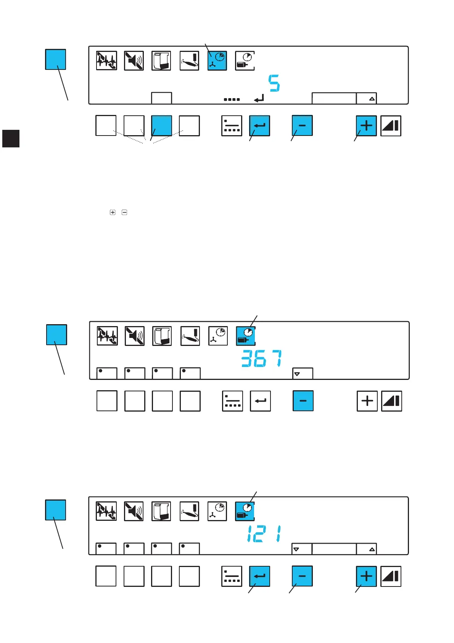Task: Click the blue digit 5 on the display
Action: pyautogui.click(x=274, y=83)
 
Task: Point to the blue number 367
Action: pyautogui.click(x=262, y=359)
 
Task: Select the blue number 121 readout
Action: pyautogui.click(x=264, y=534)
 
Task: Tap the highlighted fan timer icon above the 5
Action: pyautogui.click(x=217, y=61)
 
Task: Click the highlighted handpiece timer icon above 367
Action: pyautogui.click(x=246, y=336)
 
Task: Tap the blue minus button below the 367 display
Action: pyautogui.click(x=303, y=401)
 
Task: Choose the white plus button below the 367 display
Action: pyautogui.click(x=367, y=401)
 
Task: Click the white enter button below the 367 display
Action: pyautogui.click(x=260, y=401)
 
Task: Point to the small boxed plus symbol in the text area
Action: pyautogui.click(x=113, y=212)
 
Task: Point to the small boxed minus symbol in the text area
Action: pyautogui.click(x=124, y=212)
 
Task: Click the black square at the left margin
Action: pyautogui.click(x=11, y=139)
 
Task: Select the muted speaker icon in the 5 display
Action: pyautogui.click(x=134, y=61)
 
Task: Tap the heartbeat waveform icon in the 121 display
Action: pyautogui.click(x=106, y=511)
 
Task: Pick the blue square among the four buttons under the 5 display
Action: pyautogui.click(x=161, y=126)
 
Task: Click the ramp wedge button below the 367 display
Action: pyautogui.click(x=391, y=401)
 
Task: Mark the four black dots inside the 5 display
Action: pyautogui.click(x=232, y=99)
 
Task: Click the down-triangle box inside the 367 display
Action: pyautogui.click(x=303, y=373)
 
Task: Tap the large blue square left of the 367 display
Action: pyautogui.click(x=56, y=334)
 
